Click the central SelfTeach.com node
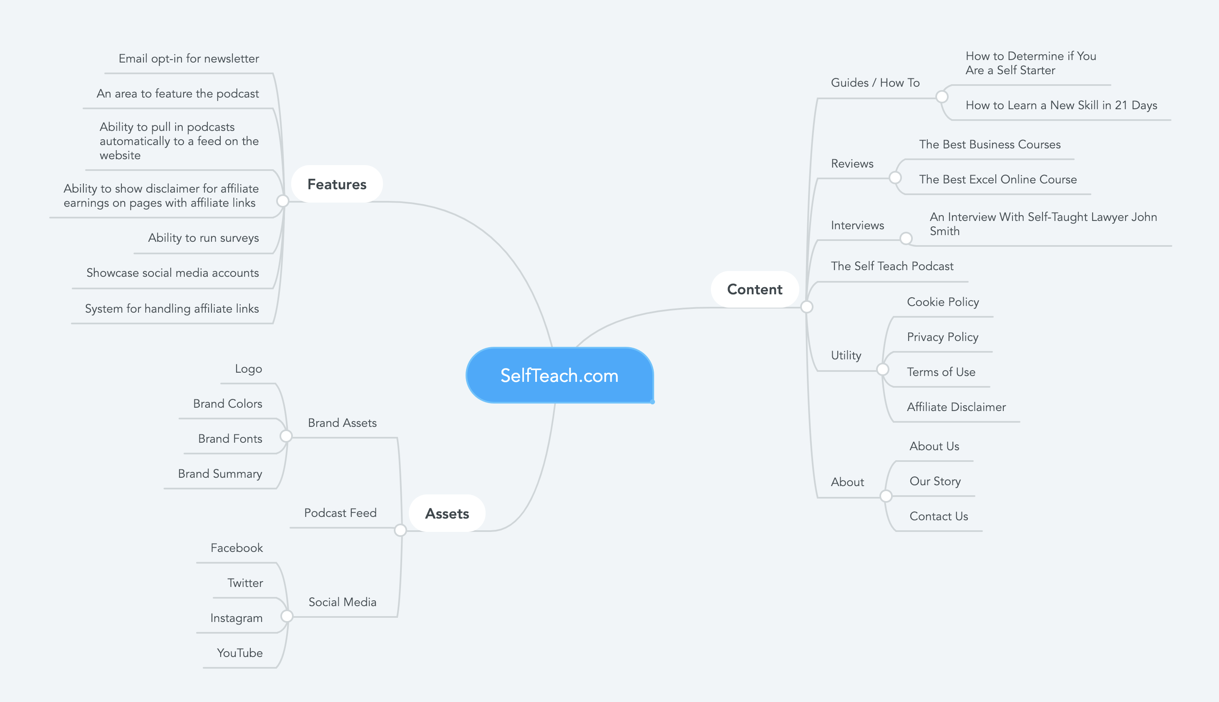(559, 376)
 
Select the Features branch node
(337, 184)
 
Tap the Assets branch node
(447, 514)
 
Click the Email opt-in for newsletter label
(189, 59)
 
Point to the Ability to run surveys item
(203, 238)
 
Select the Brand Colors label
(227, 404)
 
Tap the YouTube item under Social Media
(240, 653)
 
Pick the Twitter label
(245, 583)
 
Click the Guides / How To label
(875, 83)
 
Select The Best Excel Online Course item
(997, 179)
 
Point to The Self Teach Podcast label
(892, 266)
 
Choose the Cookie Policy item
(942, 302)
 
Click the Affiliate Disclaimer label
(956, 407)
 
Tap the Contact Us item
(939, 516)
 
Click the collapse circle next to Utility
(882, 370)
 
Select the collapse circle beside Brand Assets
(286, 436)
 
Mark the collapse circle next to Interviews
(906, 238)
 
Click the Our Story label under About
(935, 481)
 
